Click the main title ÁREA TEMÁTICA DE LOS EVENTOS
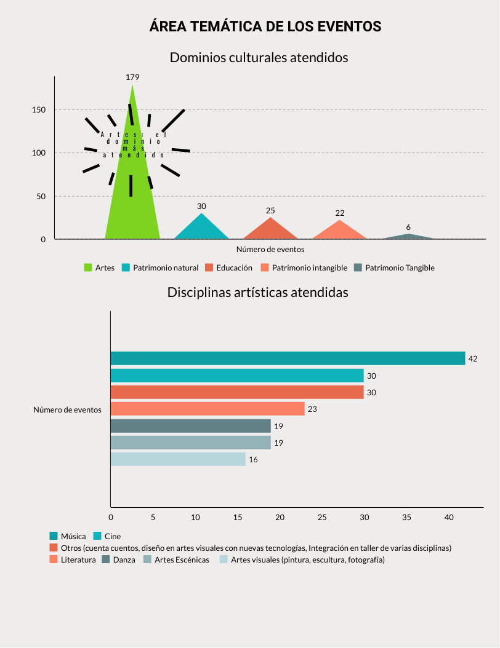click(x=265, y=27)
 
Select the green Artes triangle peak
click(x=132, y=92)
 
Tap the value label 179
click(x=132, y=77)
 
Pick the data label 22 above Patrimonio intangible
click(x=340, y=213)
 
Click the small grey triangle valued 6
click(x=408, y=237)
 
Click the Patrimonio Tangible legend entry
click(x=399, y=268)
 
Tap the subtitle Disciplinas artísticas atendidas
click(x=258, y=293)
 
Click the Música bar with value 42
click(x=288, y=358)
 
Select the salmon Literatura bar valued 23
click(x=208, y=409)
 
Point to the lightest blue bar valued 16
click(x=178, y=459)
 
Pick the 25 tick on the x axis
click(x=322, y=518)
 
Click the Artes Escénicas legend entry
click(x=181, y=560)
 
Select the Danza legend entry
click(x=123, y=560)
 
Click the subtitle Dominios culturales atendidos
click(x=259, y=58)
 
